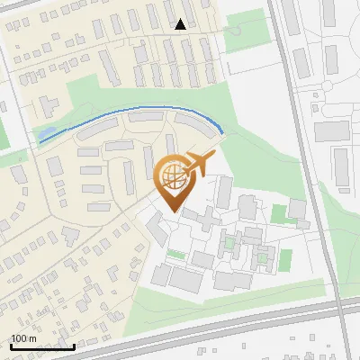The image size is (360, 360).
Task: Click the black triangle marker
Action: click(x=181, y=24)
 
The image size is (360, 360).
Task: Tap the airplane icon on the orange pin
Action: click(x=201, y=164)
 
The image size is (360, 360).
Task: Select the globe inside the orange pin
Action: click(x=171, y=176)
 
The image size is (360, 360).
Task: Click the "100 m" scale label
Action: click(x=24, y=338)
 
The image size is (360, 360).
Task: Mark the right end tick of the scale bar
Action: click(x=75, y=345)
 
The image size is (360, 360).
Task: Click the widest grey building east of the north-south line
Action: click(x=331, y=130)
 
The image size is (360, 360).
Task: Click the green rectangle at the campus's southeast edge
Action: click(x=285, y=260)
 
